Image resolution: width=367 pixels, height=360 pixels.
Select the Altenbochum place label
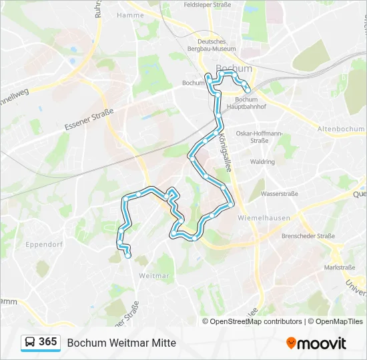pyautogui.click(x=341, y=129)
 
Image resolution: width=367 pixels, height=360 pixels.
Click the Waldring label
pyautogui.click(x=262, y=161)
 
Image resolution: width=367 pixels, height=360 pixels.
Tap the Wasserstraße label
pyautogui.click(x=278, y=194)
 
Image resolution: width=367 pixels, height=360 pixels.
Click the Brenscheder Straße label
pyautogui.click(x=308, y=236)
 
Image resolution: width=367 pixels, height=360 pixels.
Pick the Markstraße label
pyautogui.click(x=339, y=267)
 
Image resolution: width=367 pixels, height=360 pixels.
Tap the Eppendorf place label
pyautogui.click(x=44, y=244)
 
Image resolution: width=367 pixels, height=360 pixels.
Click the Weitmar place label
pyautogui.click(x=153, y=275)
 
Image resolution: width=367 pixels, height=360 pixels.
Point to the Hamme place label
pyautogui.click(x=129, y=15)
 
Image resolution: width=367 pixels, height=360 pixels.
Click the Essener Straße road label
pyautogui.click(x=89, y=119)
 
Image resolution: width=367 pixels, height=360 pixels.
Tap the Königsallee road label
pyautogui.click(x=224, y=153)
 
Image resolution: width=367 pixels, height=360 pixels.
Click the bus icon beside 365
pyautogui.click(x=30, y=342)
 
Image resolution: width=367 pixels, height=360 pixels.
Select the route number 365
pyautogui.click(x=48, y=342)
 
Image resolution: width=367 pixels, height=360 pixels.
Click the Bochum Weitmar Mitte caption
pyautogui.click(x=121, y=343)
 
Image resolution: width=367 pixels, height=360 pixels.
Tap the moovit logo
pyautogui.click(x=316, y=343)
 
